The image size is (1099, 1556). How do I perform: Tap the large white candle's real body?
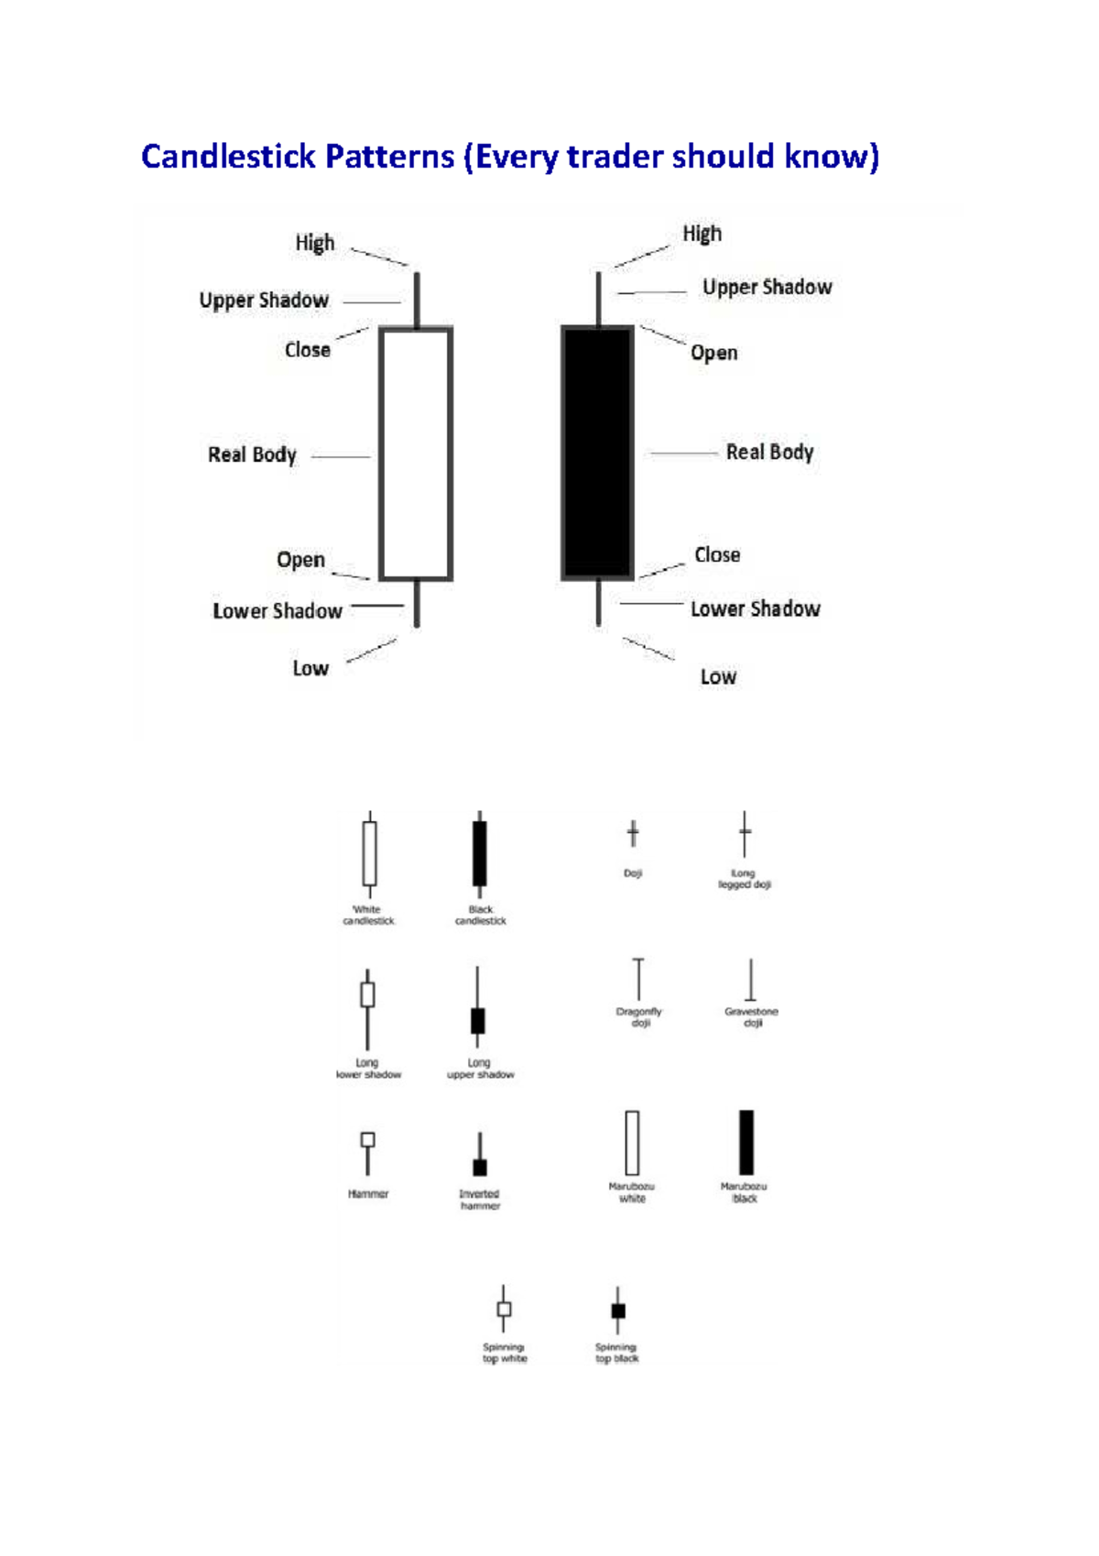point(417,454)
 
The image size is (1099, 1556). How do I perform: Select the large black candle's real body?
point(597,454)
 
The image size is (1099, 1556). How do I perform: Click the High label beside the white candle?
point(315,243)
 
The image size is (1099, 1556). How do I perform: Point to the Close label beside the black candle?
point(717,554)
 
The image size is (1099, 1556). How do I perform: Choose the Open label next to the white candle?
point(300,559)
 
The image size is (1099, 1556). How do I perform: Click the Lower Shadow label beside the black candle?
point(756,608)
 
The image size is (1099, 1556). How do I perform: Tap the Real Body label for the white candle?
point(252,455)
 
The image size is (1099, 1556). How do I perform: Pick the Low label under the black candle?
point(718,676)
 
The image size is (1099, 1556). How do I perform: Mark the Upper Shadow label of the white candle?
point(264,300)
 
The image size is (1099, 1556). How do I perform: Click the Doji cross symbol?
point(633,834)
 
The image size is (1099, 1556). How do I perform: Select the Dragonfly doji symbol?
point(638,979)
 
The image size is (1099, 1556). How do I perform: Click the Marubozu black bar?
point(746,1142)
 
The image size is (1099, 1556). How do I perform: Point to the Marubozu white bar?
point(632,1142)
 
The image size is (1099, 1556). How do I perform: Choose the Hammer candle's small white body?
point(368,1140)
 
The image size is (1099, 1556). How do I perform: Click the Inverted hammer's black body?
point(480,1167)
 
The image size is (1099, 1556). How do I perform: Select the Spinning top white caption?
point(505,1353)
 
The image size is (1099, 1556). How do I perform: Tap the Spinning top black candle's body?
point(618,1310)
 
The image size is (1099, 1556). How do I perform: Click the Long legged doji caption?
point(744,879)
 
